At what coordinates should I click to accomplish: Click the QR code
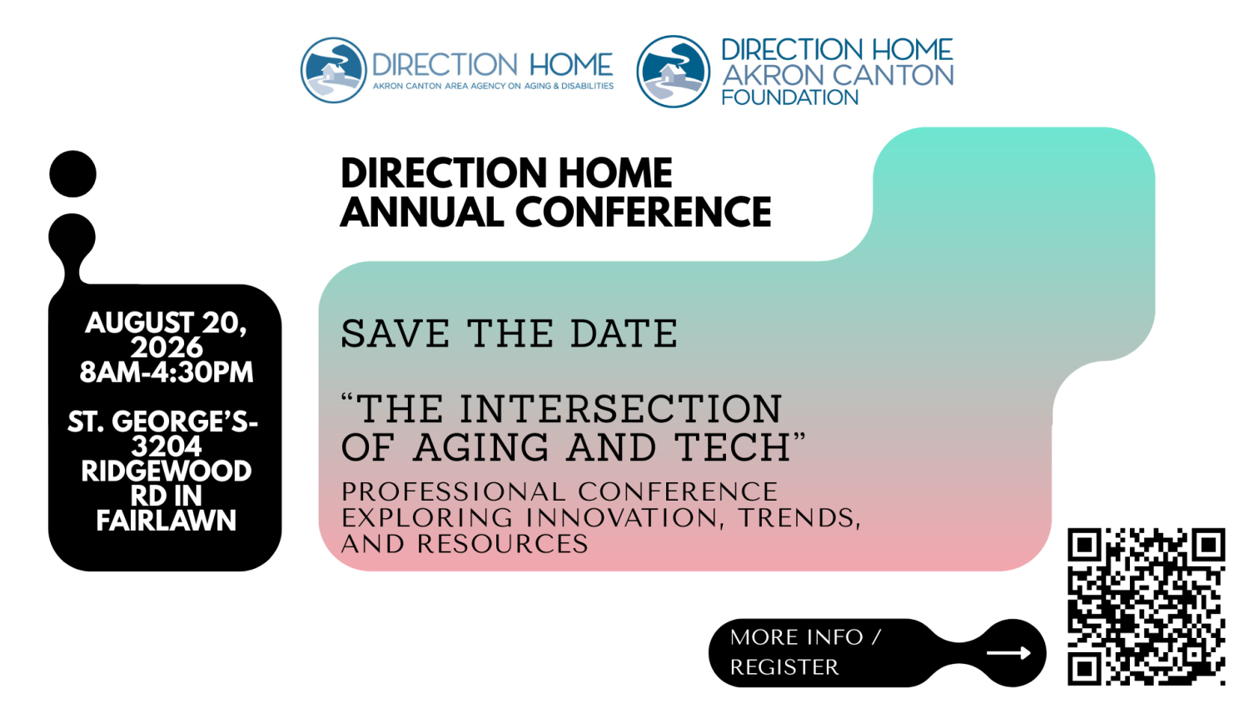[1146, 606]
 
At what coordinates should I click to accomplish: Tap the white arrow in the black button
[1008, 653]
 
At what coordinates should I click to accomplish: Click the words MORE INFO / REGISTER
[805, 651]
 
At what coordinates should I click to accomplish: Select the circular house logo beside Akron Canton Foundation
[673, 72]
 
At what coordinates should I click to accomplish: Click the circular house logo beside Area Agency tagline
[333, 70]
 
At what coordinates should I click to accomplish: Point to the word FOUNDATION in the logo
[789, 97]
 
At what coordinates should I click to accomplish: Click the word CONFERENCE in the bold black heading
[644, 212]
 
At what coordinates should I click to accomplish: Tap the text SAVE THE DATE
[509, 333]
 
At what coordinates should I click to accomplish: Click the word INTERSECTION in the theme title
[620, 408]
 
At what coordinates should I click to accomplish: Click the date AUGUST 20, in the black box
[166, 322]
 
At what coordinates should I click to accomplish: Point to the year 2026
[167, 347]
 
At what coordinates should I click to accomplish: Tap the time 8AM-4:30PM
[167, 372]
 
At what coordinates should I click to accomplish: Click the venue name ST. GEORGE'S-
[163, 421]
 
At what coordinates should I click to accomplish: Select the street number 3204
[167, 446]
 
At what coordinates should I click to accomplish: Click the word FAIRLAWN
[167, 520]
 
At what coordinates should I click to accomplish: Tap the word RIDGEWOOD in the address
[167, 471]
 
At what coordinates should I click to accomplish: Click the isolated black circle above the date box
[72, 173]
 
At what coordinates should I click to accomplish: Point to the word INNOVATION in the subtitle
[621, 517]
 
